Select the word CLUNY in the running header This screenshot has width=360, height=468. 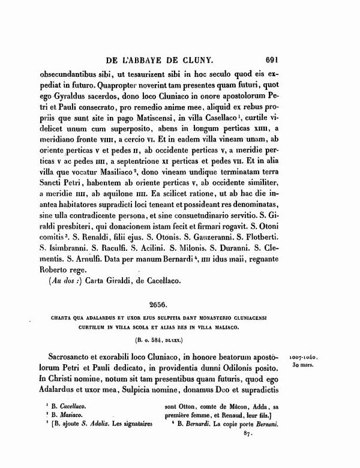(x=212, y=59)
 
